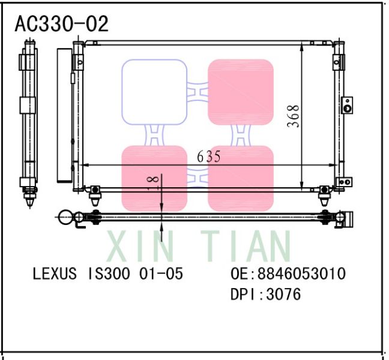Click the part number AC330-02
pos(62,23)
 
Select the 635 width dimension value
pos(209,157)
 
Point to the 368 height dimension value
pos(293,116)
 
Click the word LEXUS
pos(55,274)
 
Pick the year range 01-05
pos(161,274)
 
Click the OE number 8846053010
pos(301,274)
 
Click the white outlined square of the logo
pos(154,92)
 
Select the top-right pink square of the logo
pos(240,92)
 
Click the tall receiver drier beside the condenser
pos(63,115)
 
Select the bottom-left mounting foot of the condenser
pos(94,191)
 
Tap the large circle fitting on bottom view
pos(65,217)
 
